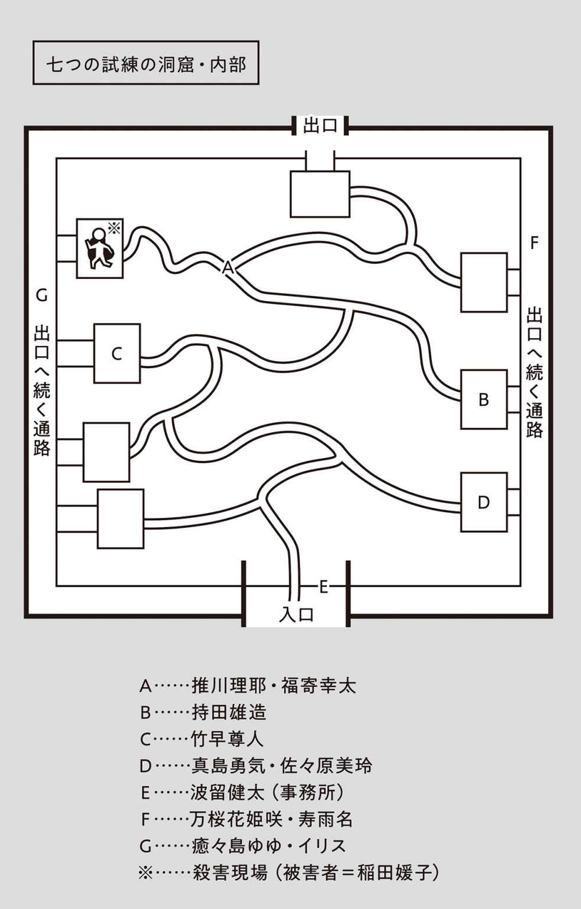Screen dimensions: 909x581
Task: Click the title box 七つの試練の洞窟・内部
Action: click(146, 63)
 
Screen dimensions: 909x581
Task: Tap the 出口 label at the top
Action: click(320, 126)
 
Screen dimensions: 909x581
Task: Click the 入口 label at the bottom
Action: click(296, 614)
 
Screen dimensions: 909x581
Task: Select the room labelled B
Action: click(483, 399)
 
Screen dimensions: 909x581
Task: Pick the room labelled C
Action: click(117, 353)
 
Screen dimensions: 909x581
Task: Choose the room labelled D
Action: click(483, 502)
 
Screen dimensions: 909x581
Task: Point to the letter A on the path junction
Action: click(228, 268)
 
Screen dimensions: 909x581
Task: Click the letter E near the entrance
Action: click(323, 586)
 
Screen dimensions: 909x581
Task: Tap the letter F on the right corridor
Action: click(534, 243)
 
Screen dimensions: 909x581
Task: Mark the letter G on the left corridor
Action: click(41, 295)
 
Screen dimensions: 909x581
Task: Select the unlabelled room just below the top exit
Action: click(320, 194)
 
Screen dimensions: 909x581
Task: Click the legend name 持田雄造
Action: click(229, 712)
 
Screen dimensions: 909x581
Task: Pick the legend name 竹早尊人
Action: click(228, 739)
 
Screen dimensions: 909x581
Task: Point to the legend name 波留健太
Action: click(227, 792)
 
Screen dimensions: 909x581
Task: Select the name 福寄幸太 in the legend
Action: click(318, 685)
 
